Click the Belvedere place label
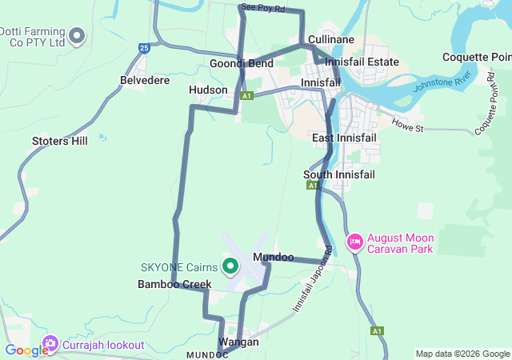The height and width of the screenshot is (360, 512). pyautogui.click(x=144, y=81)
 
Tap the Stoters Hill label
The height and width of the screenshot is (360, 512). pyautogui.click(x=59, y=142)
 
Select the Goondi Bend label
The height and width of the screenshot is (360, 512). pyautogui.click(x=242, y=63)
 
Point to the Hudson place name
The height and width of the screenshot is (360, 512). pyautogui.click(x=208, y=90)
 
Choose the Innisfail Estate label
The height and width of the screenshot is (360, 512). pyautogui.click(x=362, y=61)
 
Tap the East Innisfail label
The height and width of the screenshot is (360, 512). pyautogui.click(x=344, y=138)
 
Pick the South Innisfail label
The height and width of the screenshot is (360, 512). pyautogui.click(x=339, y=174)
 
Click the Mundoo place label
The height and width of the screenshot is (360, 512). pyautogui.click(x=273, y=258)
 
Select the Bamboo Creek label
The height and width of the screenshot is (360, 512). pyautogui.click(x=174, y=284)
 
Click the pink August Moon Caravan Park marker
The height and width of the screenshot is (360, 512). pyautogui.click(x=354, y=241)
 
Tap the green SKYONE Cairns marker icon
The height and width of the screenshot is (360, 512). pyautogui.click(x=230, y=266)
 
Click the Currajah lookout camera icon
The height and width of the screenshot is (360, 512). pyautogui.click(x=50, y=345)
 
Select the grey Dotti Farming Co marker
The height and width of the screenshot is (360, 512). pyautogui.click(x=78, y=34)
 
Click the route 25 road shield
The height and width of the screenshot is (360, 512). pyautogui.click(x=144, y=48)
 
